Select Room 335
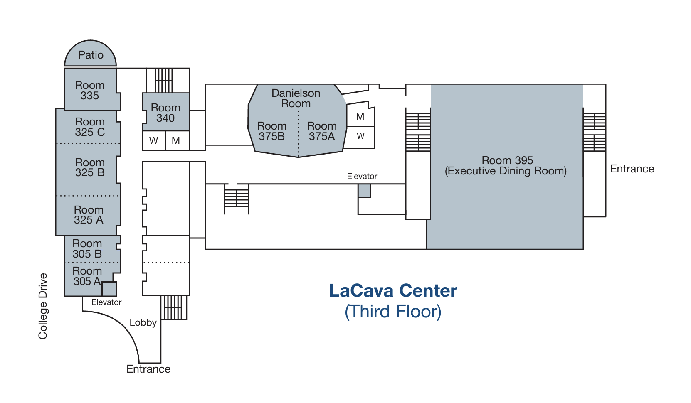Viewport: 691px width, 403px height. pos(90,90)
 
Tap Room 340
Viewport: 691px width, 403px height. pos(165,113)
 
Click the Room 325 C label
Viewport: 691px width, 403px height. pos(90,127)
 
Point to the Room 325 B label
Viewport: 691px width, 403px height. pos(90,167)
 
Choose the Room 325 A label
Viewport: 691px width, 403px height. pos(89,215)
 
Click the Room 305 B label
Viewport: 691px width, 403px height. pos(87,248)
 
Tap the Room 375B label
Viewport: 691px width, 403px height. pos(271,131)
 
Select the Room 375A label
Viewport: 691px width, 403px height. pos(322,131)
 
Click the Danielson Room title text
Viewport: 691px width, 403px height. pos(296,98)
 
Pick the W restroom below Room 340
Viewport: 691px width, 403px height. pos(154,140)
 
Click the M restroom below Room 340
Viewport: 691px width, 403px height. pos(176,140)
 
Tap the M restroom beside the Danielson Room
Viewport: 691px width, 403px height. pos(360,117)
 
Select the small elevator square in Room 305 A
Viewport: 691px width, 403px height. pos(109,289)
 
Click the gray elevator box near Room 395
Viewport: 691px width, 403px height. pos(364,191)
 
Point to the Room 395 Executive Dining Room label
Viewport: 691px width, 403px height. pos(506,166)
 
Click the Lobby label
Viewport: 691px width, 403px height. pos(143,322)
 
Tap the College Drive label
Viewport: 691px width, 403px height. pos(43,306)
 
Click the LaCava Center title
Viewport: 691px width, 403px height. pos(393,291)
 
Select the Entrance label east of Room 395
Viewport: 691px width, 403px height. pos(632,169)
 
